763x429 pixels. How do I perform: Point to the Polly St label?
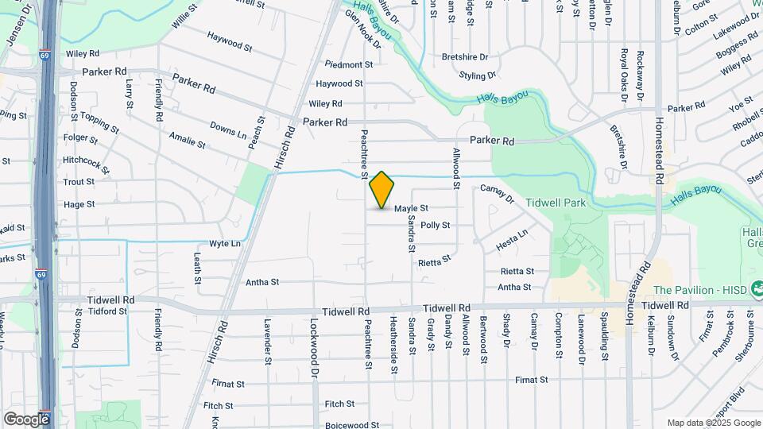pyautogui.click(x=435, y=226)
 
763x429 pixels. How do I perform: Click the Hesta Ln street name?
pyautogui.click(x=511, y=242)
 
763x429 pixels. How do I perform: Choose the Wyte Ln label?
pyautogui.click(x=224, y=243)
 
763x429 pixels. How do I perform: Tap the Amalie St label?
pyautogui.click(x=187, y=141)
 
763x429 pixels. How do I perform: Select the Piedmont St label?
pyautogui.click(x=348, y=64)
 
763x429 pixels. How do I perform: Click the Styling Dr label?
pyautogui.click(x=477, y=75)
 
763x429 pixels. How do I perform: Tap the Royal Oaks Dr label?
pyautogui.click(x=624, y=76)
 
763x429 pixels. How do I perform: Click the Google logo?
pyautogui.click(x=26, y=419)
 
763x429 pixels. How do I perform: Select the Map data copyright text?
pyautogui.click(x=713, y=423)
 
